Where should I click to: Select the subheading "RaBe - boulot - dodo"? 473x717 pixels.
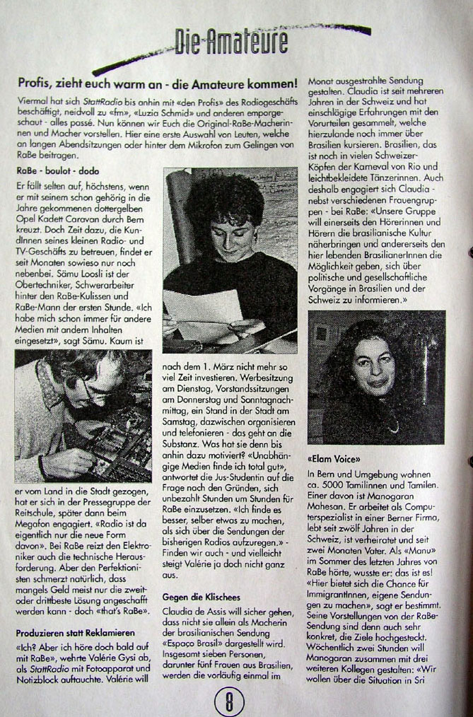(58, 170)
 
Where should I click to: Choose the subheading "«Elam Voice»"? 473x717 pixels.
(334, 457)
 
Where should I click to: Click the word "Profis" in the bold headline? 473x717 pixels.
(35, 83)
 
